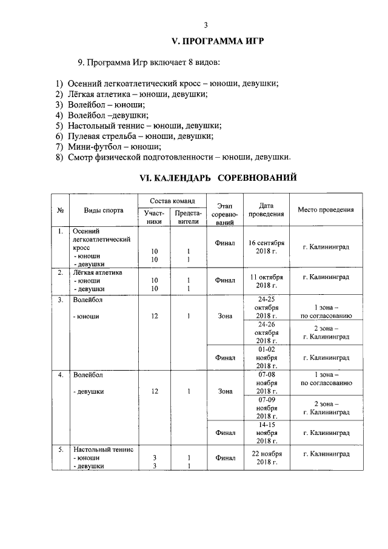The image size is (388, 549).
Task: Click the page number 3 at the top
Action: pos(206,25)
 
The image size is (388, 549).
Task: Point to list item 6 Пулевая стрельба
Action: pos(138,136)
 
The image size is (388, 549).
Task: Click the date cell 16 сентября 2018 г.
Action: pos(266,247)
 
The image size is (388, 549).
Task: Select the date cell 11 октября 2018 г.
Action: pos(266,281)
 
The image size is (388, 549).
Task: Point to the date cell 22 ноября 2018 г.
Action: pos(266,458)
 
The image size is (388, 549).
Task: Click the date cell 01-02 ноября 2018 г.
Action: pos(266,358)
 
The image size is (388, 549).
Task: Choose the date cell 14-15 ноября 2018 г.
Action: pos(266,433)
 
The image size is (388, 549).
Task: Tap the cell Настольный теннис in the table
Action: pos(102,450)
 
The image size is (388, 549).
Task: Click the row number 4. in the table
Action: pos(61,374)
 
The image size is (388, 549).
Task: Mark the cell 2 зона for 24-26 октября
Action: pos(326,332)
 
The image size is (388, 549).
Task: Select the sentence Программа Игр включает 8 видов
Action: pos(148,62)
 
